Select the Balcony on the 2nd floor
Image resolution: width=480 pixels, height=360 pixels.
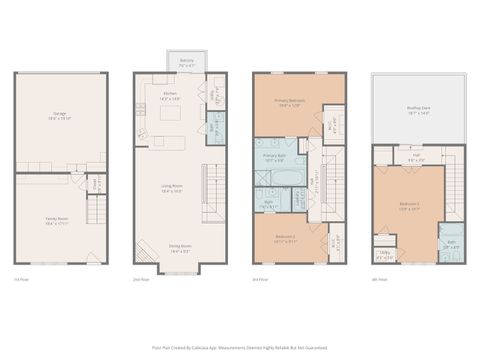tap(185, 64)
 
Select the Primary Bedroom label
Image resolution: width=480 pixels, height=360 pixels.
tap(291, 104)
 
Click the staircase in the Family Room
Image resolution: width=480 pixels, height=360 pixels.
tap(96, 213)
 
